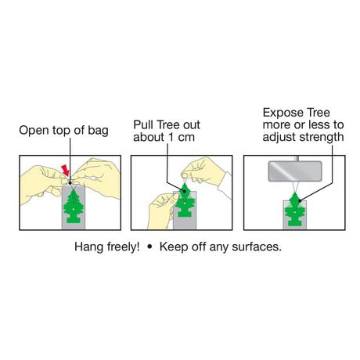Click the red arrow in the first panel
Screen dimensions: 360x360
click(x=65, y=170)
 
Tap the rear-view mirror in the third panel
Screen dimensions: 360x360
click(x=295, y=171)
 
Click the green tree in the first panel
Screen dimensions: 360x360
click(x=73, y=207)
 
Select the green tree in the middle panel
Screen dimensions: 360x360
click(x=185, y=200)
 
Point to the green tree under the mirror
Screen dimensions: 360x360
click(x=295, y=209)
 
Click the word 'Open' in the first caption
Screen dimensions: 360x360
click(x=34, y=131)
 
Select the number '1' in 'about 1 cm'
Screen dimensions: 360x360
click(x=171, y=137)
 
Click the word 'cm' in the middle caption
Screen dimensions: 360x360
click(x=186, y=138)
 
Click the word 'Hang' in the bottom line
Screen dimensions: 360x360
click(x=88, y=247)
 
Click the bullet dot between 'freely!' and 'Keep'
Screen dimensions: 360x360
click(x=149, y=247)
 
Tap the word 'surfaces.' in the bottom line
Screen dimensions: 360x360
click(x=257, y=247)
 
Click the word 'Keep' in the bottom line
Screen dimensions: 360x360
click(x=174, y=247)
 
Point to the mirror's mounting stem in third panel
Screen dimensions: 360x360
click(x=296, y=158)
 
